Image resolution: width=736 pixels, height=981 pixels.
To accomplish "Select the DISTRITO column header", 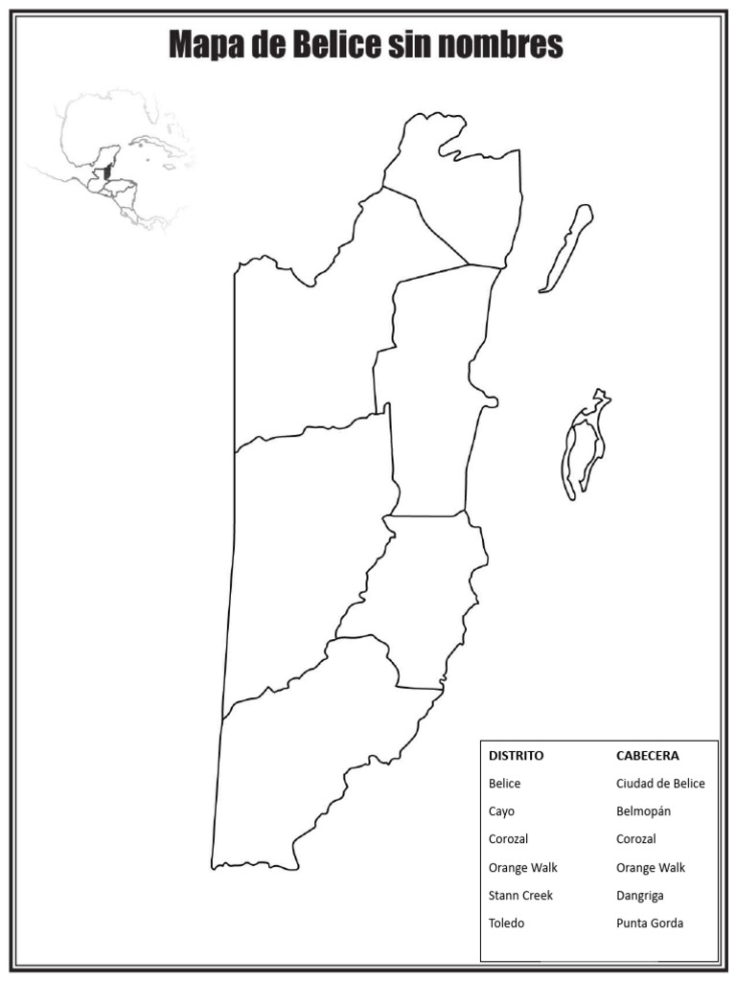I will [516, 755].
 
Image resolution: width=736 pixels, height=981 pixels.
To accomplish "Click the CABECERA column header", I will [647, 755].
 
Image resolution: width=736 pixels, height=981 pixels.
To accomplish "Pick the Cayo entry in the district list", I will [501, 811].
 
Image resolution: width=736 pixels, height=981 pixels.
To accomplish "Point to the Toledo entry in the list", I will [506, 924].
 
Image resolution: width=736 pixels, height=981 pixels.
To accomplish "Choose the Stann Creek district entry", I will [520, 896].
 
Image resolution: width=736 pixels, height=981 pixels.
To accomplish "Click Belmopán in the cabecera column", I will [643, 811].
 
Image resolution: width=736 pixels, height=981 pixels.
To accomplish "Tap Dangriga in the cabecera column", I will [639, 896].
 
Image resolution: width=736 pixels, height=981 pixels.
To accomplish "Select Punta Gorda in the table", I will [650, 924].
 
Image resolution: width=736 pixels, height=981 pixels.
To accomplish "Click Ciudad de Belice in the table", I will [660, 784].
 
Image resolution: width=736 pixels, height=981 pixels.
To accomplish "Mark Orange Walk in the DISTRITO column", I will [522, 868].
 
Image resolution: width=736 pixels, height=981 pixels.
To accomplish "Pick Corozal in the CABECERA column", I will [636, 839].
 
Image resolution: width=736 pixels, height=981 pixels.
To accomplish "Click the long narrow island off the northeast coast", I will [565, 248].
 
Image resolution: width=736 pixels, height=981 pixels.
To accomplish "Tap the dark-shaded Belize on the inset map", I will [107, 173].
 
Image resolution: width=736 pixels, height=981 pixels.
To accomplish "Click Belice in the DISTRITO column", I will [504, 784].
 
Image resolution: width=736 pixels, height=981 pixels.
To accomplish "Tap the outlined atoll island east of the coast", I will [586, 445].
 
